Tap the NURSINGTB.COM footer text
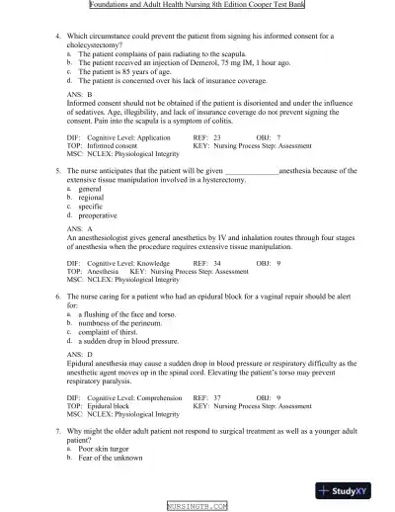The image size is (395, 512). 197,505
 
